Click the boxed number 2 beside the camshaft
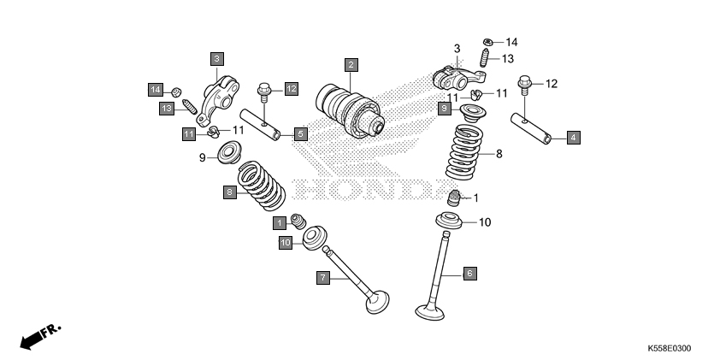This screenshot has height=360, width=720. coord(351,64)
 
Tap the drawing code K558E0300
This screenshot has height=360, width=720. coord(669,349)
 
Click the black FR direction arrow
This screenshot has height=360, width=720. coord(32,339)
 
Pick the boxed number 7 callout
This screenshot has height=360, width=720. coord(323,277)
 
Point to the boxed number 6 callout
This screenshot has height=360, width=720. coord(469,273)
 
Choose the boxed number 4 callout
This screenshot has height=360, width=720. coord(573,136)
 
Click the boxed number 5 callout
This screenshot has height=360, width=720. coord(300,133)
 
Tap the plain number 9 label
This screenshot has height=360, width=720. coord(203,157)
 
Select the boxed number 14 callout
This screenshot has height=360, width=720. coord(155,89)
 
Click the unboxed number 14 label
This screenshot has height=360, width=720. coord(511,42)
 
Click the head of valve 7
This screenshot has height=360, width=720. coord(376,303)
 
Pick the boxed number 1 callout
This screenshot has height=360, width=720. coord(280,223)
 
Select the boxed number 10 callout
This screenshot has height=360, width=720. coord(286,243)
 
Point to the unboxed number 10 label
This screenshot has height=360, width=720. coord(485,222)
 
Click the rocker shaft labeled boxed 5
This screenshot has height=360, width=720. coord(266,126)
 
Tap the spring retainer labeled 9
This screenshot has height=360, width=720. coord(228,155)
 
